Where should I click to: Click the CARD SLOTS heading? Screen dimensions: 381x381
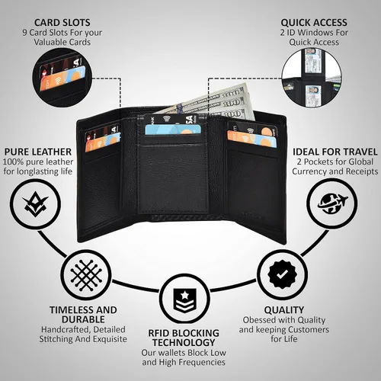62,23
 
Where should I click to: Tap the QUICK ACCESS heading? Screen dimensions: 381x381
314,23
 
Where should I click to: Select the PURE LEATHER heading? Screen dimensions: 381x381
38,152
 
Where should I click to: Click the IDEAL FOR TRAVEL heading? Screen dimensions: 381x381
335,152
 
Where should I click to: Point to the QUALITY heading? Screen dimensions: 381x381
284,310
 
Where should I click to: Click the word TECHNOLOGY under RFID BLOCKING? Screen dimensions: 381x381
184,343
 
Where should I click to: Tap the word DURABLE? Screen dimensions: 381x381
83,319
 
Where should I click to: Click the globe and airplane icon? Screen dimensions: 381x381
332,203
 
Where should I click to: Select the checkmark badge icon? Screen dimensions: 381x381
282,274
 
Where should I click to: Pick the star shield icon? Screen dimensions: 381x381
184,300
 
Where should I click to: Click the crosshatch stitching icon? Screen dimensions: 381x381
86,275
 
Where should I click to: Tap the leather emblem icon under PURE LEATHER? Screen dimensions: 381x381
35,204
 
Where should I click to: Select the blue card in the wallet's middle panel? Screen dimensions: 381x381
173,130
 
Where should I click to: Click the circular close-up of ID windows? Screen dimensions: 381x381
312,78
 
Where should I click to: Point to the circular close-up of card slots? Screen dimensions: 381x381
62,78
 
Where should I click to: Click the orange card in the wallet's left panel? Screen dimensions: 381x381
102,142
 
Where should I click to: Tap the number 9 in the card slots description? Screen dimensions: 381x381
24,33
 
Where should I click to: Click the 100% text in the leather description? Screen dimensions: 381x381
13,162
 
